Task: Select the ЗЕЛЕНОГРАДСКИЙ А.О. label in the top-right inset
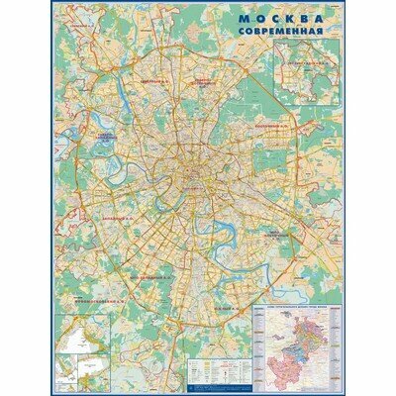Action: pos(309,60)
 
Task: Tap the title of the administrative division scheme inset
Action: pos(297,310)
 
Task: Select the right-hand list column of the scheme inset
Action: pos(336,347)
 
